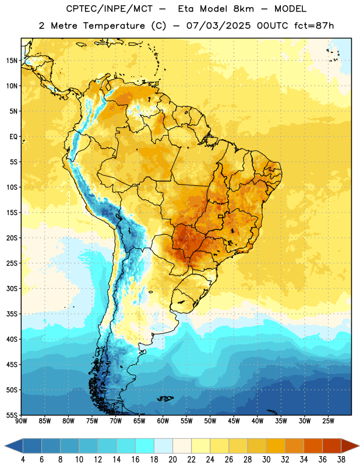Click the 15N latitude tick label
coord(12,61)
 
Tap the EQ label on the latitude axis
coord(13,137)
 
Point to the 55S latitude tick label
coord(12,415)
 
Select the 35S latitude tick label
coord(12,314)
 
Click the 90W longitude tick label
coord(21,421)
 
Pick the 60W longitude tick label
coord(163,421)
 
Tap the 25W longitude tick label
coord(328,421)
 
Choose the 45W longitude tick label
coord(234,421)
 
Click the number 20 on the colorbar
coord(172,460)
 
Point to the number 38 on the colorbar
coord(341,460)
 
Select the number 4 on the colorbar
coord(23,460)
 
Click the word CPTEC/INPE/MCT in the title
coord(109,9)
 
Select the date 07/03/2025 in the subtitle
coord(218,26)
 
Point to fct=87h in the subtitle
coord(314,26)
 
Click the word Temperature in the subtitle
coord(114,26)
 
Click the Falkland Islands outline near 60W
coord(165,398)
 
